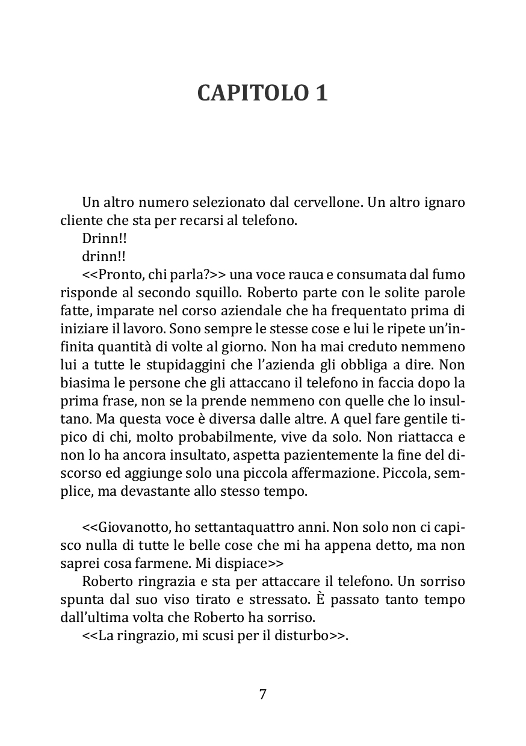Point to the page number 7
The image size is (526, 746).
coord(262,694)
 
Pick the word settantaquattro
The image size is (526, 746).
coord(234,528)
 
